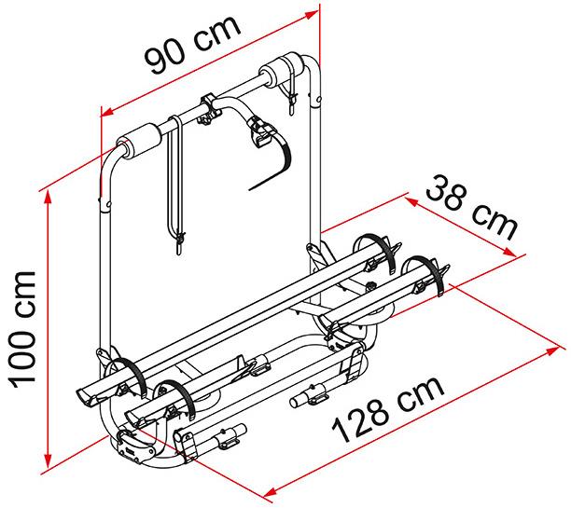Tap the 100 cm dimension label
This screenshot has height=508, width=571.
point(22,330)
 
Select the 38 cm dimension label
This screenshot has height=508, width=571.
point(471,208)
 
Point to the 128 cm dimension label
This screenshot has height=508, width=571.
point(388,409)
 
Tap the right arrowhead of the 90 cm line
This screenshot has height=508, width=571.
point(312,15)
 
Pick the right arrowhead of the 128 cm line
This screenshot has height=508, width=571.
point(552,351)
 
